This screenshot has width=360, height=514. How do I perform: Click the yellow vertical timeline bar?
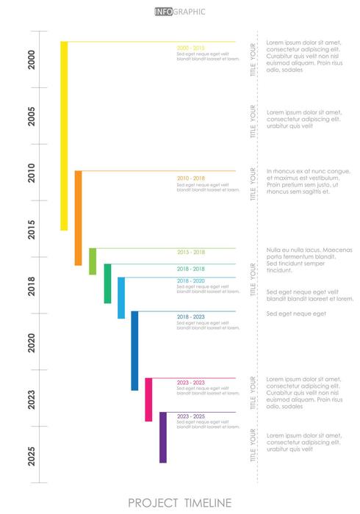pos(64,136)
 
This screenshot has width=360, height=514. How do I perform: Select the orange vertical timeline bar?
pos(78,218)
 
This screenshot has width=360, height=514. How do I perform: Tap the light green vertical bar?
pos(93,261)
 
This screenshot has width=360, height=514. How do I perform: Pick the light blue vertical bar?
pos(121,297)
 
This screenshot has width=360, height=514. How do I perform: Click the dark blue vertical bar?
pos(134,350)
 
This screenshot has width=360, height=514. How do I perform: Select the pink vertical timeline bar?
pos(148,399)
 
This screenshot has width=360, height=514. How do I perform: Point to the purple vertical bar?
pos(163,437)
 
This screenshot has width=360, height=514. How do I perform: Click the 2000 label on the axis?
pos(32,59)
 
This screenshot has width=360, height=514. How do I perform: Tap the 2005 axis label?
pos(32,116)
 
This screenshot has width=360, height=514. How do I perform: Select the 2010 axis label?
pos(32,173)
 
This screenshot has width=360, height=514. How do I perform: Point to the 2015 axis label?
pos(32,229)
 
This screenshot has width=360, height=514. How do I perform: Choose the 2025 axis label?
pos(32,455)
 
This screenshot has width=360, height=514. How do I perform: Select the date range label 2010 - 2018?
pos(191,178)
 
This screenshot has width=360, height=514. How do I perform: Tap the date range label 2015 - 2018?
pos(191,253)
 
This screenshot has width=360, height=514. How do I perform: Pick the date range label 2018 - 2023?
pos(191,316)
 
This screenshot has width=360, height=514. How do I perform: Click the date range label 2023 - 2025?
pos(191,416)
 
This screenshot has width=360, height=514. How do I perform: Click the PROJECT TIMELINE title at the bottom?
pos(180,502)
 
